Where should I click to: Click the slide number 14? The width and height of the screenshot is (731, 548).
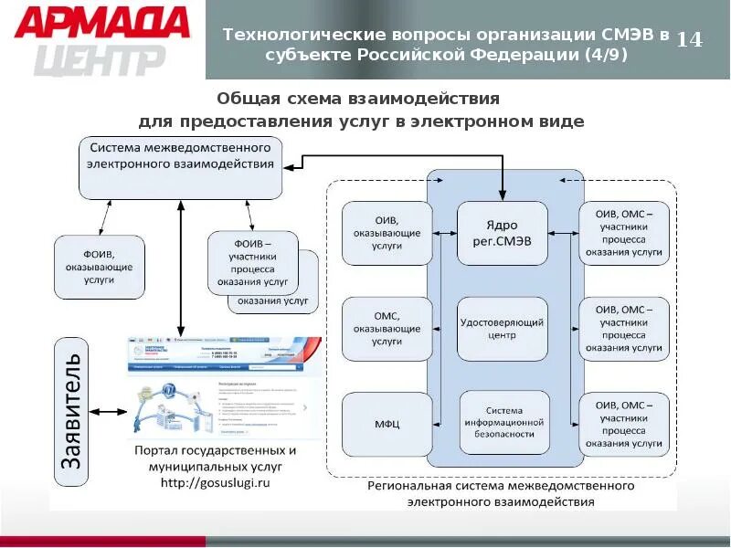click(690, 40)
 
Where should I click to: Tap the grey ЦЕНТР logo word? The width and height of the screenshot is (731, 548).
click(101, 59)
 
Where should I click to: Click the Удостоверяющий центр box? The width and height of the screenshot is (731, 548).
click(503, 329)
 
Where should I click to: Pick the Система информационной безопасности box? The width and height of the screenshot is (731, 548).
click(503, 423)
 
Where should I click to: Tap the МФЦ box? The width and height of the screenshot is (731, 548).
click(387, 424)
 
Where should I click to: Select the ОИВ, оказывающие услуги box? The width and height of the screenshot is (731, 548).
click(387, 234)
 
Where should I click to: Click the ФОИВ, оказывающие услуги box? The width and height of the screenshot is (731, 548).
click(98, 267)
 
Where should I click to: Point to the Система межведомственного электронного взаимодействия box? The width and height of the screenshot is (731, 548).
click(180, 166)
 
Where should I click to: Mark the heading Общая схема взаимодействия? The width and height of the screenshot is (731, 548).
click(357, 98)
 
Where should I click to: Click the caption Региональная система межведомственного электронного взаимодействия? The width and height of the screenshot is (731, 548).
click(501, 494)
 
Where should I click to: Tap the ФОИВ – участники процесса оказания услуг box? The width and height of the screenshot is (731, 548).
click(253, 264)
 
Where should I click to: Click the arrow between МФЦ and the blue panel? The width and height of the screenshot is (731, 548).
click(442, 424)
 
